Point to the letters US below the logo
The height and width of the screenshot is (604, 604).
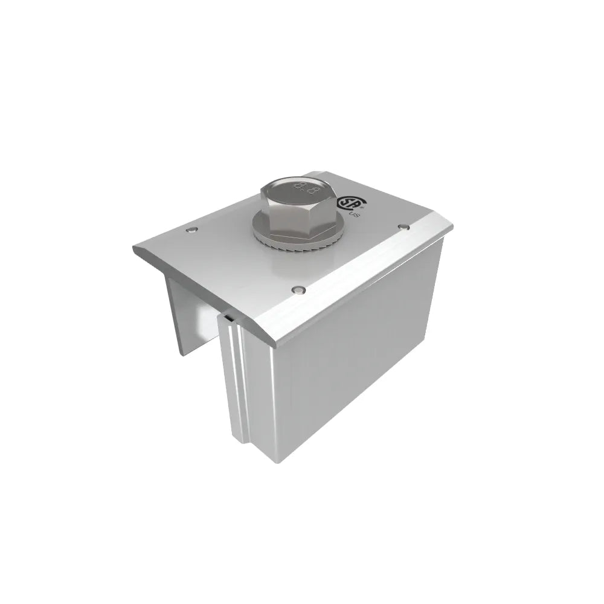pos(355,213)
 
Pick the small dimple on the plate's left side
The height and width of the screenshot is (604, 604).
pos(191,231)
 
